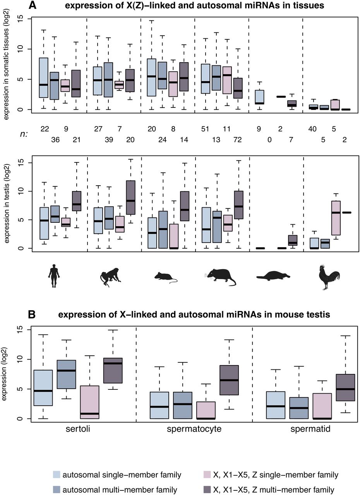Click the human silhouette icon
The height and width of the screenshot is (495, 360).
click(x=55, y=275)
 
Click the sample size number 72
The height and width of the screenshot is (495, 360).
click(x=236, y=139)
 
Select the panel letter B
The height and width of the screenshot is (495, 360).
click(x=33, y=314)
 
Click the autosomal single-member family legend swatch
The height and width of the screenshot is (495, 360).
click(x=57, y=475)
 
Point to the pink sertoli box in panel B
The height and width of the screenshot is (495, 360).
click(x=90, y=402)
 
